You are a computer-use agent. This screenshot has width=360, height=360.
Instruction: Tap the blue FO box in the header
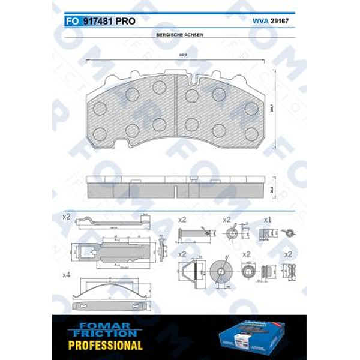[70, 21]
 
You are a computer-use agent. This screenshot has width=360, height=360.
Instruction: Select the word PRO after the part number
[125, 21]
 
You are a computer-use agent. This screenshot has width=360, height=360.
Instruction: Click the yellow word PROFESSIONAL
[106, 345]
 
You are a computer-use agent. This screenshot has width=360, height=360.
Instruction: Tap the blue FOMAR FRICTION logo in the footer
[106, 329]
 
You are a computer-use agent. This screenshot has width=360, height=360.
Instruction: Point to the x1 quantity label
[268, 219]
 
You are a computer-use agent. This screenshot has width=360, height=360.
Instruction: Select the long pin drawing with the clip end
[193, 233]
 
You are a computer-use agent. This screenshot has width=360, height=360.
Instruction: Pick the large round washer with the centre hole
[221, 271]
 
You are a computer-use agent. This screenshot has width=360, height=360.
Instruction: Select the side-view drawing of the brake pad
[178, 187]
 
